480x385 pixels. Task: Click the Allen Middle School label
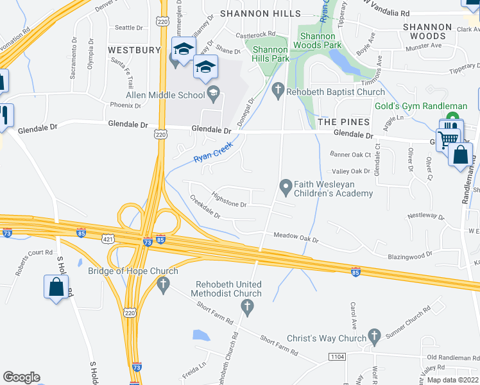[165, 95]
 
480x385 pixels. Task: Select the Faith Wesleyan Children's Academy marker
[286, 187]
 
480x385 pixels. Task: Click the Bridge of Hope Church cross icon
[163, 282]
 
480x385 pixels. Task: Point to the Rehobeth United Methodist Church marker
[244, 307]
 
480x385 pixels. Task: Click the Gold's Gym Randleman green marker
[453, 119]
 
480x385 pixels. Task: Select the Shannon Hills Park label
[271, 54]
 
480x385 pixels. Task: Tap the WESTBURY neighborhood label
[134, 49]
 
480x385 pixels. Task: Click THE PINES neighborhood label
[343, 122]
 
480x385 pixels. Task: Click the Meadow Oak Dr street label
[296, 239]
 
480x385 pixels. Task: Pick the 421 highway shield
[108, 238]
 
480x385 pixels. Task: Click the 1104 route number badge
[338, 356]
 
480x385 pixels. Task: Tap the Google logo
[21, 377]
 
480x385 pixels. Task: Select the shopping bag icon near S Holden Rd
[56, 286]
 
